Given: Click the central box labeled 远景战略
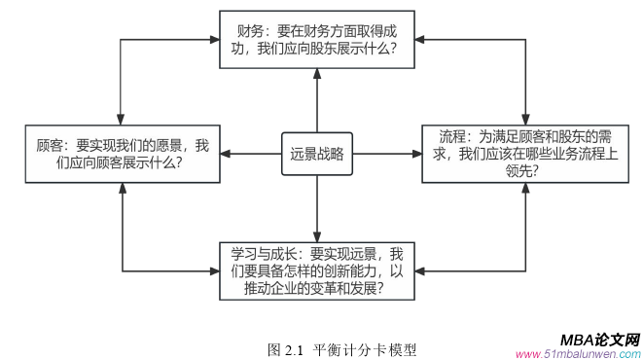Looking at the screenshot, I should (x=316, y=154).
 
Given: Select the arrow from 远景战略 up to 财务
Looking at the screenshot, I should (x=316, y=102).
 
